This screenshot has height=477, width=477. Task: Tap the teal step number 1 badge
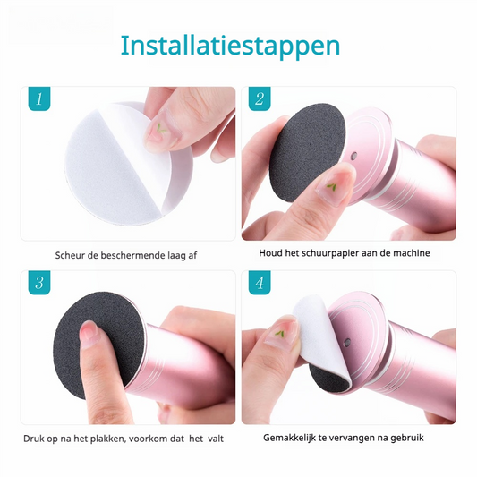(39, 98)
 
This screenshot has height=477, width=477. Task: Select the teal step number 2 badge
(260, 98)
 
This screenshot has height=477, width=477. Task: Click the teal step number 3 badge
(39, 283)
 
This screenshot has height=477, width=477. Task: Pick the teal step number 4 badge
(260, 283)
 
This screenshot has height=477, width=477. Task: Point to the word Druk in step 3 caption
(32, 439)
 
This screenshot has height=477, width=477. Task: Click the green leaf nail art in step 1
(161, 129)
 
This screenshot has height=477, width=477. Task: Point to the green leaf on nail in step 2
(331, 186)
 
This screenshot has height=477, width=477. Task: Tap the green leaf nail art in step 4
(279, 334)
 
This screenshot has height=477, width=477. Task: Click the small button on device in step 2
(353, 157)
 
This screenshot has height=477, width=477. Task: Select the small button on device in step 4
(347, 343)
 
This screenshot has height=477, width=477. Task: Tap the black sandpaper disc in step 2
(307, 153)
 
